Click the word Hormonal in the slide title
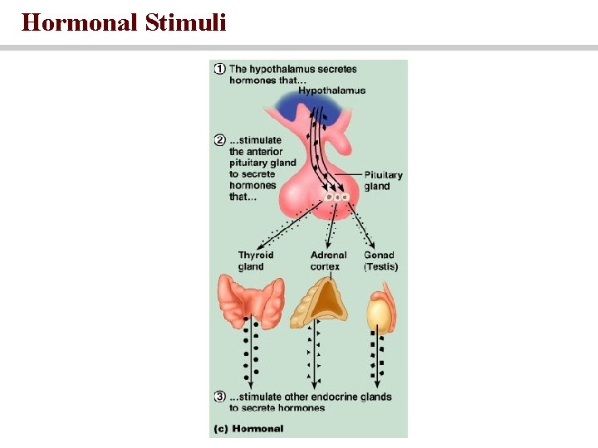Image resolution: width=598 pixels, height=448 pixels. [x=80, y=22]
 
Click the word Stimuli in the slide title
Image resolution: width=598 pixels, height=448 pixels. [x=185, y=22]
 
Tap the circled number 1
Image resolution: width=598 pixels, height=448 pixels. [x=220, y=69]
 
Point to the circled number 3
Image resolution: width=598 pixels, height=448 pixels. [x=220, y=397]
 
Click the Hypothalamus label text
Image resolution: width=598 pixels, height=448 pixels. [x=331, y=90]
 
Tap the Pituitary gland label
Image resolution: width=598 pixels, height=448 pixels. [x=383, y=181]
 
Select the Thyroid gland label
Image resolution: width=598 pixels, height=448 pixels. [x=255, y=261]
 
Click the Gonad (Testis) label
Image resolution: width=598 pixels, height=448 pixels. [x=380, y=261]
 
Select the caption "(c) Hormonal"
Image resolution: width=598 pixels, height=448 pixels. [x=249, y=429]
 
